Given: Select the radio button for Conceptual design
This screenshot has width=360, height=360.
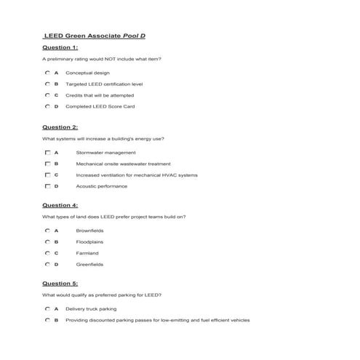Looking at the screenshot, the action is pos(47,73).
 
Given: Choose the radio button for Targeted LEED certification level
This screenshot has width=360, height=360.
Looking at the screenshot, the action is pos(47,84).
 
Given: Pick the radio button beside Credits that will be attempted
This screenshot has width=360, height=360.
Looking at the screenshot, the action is pos(47,95).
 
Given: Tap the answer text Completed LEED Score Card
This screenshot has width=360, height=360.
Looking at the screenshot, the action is pos(100,106).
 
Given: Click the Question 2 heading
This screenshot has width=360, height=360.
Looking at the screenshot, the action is pos(60,127).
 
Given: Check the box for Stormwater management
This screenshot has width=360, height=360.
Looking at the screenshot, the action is pos(47,153).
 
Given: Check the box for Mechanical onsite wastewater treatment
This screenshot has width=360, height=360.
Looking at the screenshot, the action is pos(47,164).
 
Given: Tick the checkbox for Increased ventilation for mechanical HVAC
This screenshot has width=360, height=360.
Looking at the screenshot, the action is pos(47,175).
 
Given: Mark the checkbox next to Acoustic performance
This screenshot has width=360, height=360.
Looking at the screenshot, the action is pos(47,186).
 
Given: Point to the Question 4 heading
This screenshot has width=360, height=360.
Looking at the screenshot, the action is pos(60,205).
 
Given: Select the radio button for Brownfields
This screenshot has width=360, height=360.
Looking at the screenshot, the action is pos(47,231).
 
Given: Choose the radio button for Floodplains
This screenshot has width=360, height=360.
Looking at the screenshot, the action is pos(47,241).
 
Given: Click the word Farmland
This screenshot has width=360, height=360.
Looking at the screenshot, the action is pos(88,253).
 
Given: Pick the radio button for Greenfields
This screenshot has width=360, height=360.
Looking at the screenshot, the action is pos(47,264).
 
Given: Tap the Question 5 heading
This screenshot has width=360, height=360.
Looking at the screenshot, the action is pos(60,283).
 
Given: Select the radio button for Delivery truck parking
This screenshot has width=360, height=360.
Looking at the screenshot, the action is pos(47,308).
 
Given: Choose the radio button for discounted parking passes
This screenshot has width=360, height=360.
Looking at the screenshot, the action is pos(47,319).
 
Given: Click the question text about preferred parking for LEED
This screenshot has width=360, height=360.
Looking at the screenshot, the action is pos(102,295).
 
